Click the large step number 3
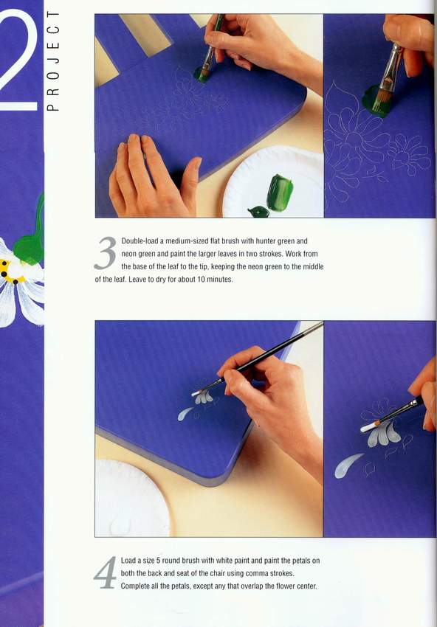coord(106,253)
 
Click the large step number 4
coord(106,572)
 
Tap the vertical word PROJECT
coord(53,60)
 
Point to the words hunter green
coord(275,241)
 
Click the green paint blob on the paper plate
coord(280,193)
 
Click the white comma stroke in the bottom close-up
coord(348,465)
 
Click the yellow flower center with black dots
coord(12,273)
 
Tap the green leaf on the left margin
coord(30,236)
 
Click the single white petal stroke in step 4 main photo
coord(185,414)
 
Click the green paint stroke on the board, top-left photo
coord(202,75)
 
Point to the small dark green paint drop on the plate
coord(258,212)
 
